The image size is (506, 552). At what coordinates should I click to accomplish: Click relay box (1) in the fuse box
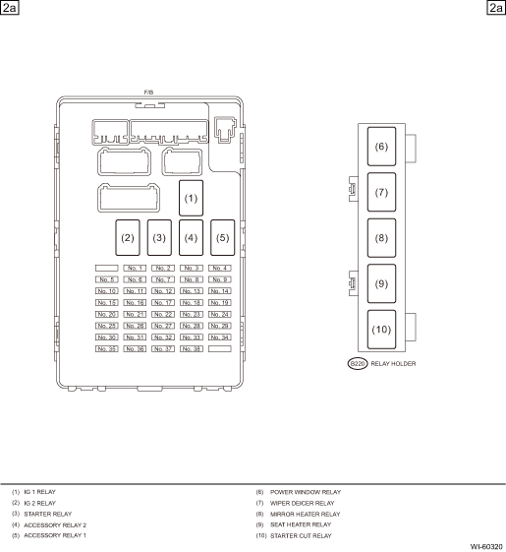click(x=191, y=198)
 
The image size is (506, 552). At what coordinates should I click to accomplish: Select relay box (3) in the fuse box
click(x=159, y=238)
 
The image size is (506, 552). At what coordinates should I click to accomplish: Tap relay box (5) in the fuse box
click(x=223, y=238)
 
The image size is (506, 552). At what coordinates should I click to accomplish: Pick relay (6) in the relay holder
click(x=381, y=147)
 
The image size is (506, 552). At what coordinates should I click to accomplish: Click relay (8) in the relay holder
click(x=381, y=238)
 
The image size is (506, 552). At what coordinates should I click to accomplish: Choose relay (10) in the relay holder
click(x=381, y=330)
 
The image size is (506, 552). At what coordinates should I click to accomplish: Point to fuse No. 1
click(x=135, y=269)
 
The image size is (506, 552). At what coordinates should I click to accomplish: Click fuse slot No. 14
click(x=220, y=291)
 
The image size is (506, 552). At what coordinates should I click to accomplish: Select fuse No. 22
click(x=163, y=314)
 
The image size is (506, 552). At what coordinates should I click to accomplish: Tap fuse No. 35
click(x=106, y=349)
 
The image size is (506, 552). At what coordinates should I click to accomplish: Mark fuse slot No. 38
click(x=192, y=349)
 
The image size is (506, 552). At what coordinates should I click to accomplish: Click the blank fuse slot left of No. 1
click(x=106, y=269)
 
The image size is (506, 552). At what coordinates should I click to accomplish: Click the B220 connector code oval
click(x=358, y=364)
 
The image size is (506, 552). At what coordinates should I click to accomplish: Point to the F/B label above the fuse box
click(x=148, y=92)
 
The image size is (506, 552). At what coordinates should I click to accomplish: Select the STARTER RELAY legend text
click(x=48, y=514)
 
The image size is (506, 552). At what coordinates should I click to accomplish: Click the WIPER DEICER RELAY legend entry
click(x=302, y=503)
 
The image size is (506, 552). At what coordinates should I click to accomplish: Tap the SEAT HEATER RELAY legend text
click(x=301, y=524)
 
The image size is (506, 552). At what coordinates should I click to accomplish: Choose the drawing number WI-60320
click(x=486, y=547)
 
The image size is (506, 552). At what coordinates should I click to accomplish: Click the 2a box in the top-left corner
click(x=9, y=8)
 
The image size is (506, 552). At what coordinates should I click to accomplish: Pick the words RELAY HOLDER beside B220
click(x=393, y=364)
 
